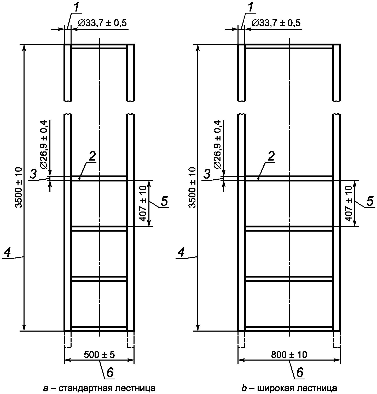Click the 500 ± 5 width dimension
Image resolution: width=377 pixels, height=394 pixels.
(99, 355)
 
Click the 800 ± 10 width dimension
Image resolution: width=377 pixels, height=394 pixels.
(289, 355)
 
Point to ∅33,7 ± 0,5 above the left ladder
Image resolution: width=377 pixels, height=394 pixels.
(102, 23)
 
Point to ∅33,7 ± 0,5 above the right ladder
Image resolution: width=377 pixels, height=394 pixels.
(276, 23)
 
